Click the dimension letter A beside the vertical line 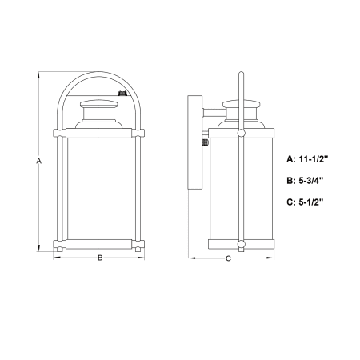click(x=39, y=161)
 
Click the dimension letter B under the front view click(x=100, y=258)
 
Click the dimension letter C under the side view click(x=228, y=258)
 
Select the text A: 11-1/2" click(x=307, y=159)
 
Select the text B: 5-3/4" click(x=305, y=181)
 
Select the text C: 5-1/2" click(x=305, y=202)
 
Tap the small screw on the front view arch click(x=122, y=93)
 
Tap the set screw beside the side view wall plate click(x=206, y=142)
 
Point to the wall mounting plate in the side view click(x=195, y=142)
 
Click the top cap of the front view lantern click(x=98, y=104)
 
